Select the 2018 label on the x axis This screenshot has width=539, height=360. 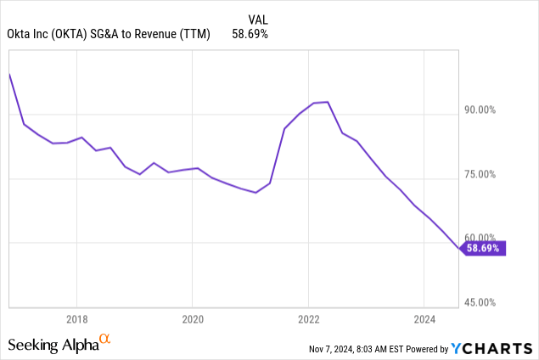pyautogui.click(x=76, y=320)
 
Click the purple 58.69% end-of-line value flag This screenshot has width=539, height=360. pyautogui.click(x=483, y=248)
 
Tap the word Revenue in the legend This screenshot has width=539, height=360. pyautogui.click(x=159, y=34)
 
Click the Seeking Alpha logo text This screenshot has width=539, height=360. pyautogui.click(x=53, y=345)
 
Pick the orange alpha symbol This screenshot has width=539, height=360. pyautogui.click(x=105, y=340)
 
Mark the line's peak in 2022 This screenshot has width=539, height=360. pyautogui.click(x=327, y=102)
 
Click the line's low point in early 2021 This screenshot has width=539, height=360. pyautogui.click(x=255, y=193)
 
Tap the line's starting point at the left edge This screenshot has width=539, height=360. pyautogui.click(x=8, y=74)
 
